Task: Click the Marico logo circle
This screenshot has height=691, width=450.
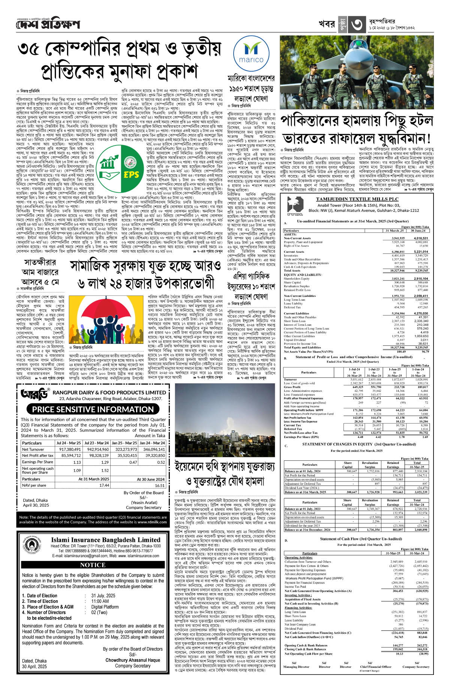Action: click(x=251, y=53)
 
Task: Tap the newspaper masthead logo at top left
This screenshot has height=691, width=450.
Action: click(x=48, y=24)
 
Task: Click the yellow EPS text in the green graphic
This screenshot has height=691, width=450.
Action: click(x=131, y=175)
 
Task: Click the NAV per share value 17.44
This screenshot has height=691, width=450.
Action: click(x=104, y=485)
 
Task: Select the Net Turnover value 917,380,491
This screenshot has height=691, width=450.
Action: click(x=70, y=449)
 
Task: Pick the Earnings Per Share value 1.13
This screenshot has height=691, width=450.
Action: click(x=77, y=462)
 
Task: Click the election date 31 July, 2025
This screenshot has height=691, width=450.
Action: click(x=103, y=595)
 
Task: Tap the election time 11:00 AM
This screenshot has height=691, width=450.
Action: click(x=100, y=601)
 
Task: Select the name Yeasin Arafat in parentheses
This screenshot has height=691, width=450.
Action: click(x=144, y=502)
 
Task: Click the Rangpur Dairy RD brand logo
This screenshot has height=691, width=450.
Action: click(x=35, y=394)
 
